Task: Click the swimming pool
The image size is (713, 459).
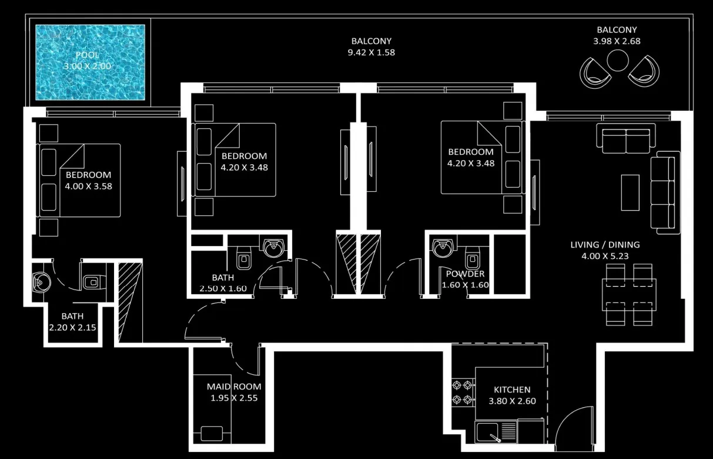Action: coord(90,62)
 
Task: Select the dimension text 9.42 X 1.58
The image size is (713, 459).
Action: coord(371,52)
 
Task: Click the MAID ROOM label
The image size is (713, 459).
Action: coord(234,387)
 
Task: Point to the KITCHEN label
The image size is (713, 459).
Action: coord(512,390)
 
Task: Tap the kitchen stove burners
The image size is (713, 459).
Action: coord(462,393)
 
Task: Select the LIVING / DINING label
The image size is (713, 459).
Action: coord(605,245)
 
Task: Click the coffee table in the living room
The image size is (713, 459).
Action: coord(630,192)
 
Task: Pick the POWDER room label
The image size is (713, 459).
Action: coord(465,274)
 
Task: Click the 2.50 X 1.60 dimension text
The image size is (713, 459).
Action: coord(223,288)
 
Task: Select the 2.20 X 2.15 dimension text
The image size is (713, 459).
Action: coord(72,327)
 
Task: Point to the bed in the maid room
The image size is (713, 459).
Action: coord(215,433)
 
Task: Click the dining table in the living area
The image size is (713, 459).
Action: coord(629,295)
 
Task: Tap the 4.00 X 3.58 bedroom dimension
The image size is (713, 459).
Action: coord(88,187)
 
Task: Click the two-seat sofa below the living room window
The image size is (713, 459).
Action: coord(625,138)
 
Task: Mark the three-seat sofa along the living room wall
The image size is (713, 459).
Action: coord(665,192)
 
